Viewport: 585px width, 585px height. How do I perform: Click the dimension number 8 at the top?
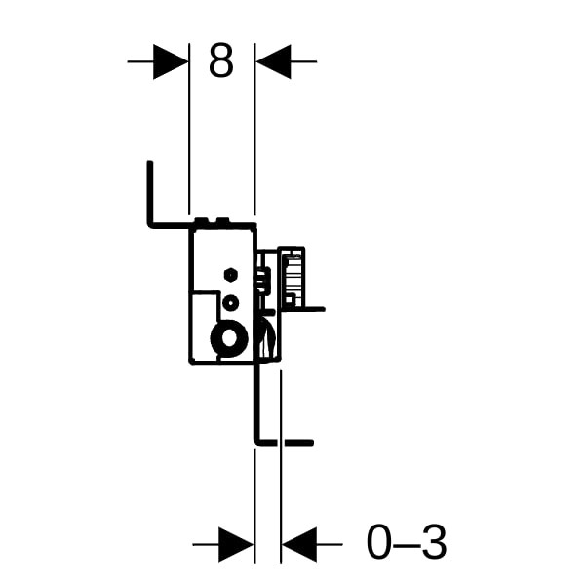point(221,59)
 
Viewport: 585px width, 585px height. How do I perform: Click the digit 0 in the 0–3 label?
point(380,542)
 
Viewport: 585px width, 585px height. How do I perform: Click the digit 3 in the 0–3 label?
point(434,542)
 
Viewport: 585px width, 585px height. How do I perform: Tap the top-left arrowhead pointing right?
point(171,61)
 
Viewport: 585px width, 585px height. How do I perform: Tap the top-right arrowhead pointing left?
point(273,61)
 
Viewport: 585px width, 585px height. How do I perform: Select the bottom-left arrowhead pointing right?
point(236,544)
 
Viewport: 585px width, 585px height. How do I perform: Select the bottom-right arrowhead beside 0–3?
point(299,544)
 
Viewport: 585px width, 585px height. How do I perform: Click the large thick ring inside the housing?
point(229,338)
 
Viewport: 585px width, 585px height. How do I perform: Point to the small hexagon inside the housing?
point(230,275)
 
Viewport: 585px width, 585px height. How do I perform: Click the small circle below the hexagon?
point(230,302)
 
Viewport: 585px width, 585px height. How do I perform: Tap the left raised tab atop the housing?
point(201,220)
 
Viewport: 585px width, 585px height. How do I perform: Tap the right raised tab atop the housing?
point(223,220)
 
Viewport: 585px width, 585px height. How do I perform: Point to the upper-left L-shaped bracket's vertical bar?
point(150,192)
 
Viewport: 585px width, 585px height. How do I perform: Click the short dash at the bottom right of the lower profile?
point(298,443)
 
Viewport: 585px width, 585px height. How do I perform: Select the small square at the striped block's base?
point(290,299)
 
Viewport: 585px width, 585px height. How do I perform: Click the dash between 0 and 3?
point(408,545)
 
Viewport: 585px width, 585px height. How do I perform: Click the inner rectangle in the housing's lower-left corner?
point(204,325)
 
